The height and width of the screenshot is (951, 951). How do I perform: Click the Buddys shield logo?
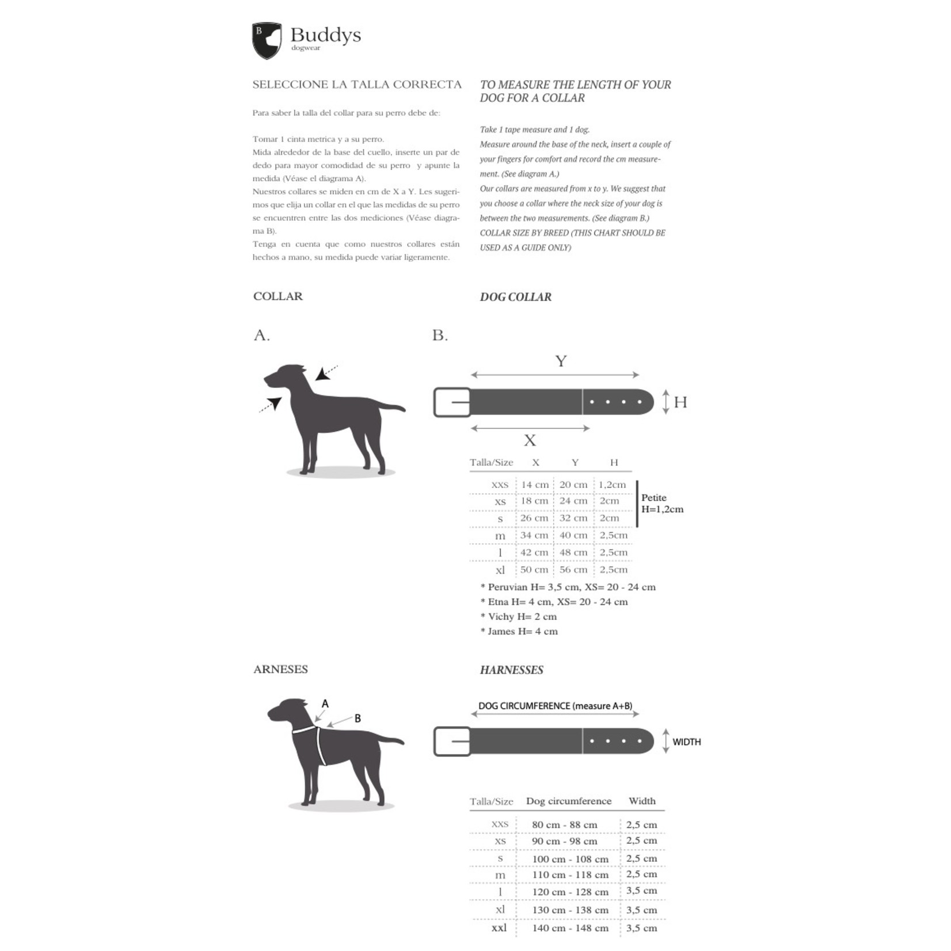click(x=267, y=40)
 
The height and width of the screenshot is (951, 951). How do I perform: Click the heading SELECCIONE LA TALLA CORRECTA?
click(x=357, y=85)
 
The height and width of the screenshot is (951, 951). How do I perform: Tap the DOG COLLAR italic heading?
click(x=515, y=297)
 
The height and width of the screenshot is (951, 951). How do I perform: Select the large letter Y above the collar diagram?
click(x=561, y=362)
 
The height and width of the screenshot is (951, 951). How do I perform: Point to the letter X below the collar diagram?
click(x=530, y=441)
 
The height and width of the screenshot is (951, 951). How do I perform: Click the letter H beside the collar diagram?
click(x=680, y=402)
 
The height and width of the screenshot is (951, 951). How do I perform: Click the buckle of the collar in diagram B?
click(x=452, y=402)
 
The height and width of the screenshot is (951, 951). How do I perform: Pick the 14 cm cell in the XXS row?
click(x=535, y=485)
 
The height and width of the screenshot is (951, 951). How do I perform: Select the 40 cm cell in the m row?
click(x=573, y=535)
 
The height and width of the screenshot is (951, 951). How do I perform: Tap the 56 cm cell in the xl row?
click(x=573, y=570)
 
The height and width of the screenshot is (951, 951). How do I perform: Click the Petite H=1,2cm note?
click(x=662, y=504)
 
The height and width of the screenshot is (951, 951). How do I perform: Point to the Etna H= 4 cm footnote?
click(x=554, y=602)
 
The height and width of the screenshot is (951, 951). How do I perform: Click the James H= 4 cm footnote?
click(x=519, y=632)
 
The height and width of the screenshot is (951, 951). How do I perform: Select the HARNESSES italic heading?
click(x=511, y=670)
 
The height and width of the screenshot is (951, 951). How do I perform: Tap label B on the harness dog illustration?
click(x=357, y=718)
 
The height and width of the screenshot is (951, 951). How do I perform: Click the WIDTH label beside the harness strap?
click(x=686, y=742)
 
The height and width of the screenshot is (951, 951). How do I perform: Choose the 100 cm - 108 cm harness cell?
click(x=570, y=859)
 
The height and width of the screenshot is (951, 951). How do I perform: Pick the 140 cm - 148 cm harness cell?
click(x=570, y=928)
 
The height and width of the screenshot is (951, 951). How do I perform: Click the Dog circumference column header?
click(x=569, y=801)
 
